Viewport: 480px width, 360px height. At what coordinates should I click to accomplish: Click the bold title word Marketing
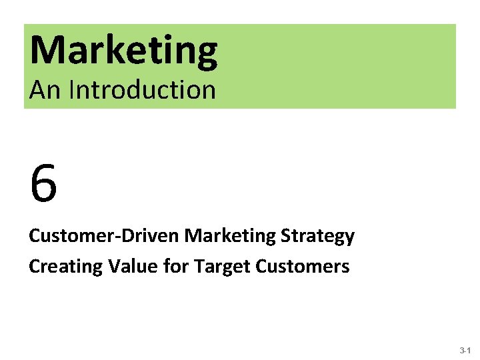pos(123,51)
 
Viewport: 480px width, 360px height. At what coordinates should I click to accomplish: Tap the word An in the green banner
pos(45,89)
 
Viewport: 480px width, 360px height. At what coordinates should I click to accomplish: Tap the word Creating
pos(65,267)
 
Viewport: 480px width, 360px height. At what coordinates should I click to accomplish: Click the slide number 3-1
pos(465,350)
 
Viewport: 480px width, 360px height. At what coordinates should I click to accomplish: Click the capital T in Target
pos(198,267)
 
